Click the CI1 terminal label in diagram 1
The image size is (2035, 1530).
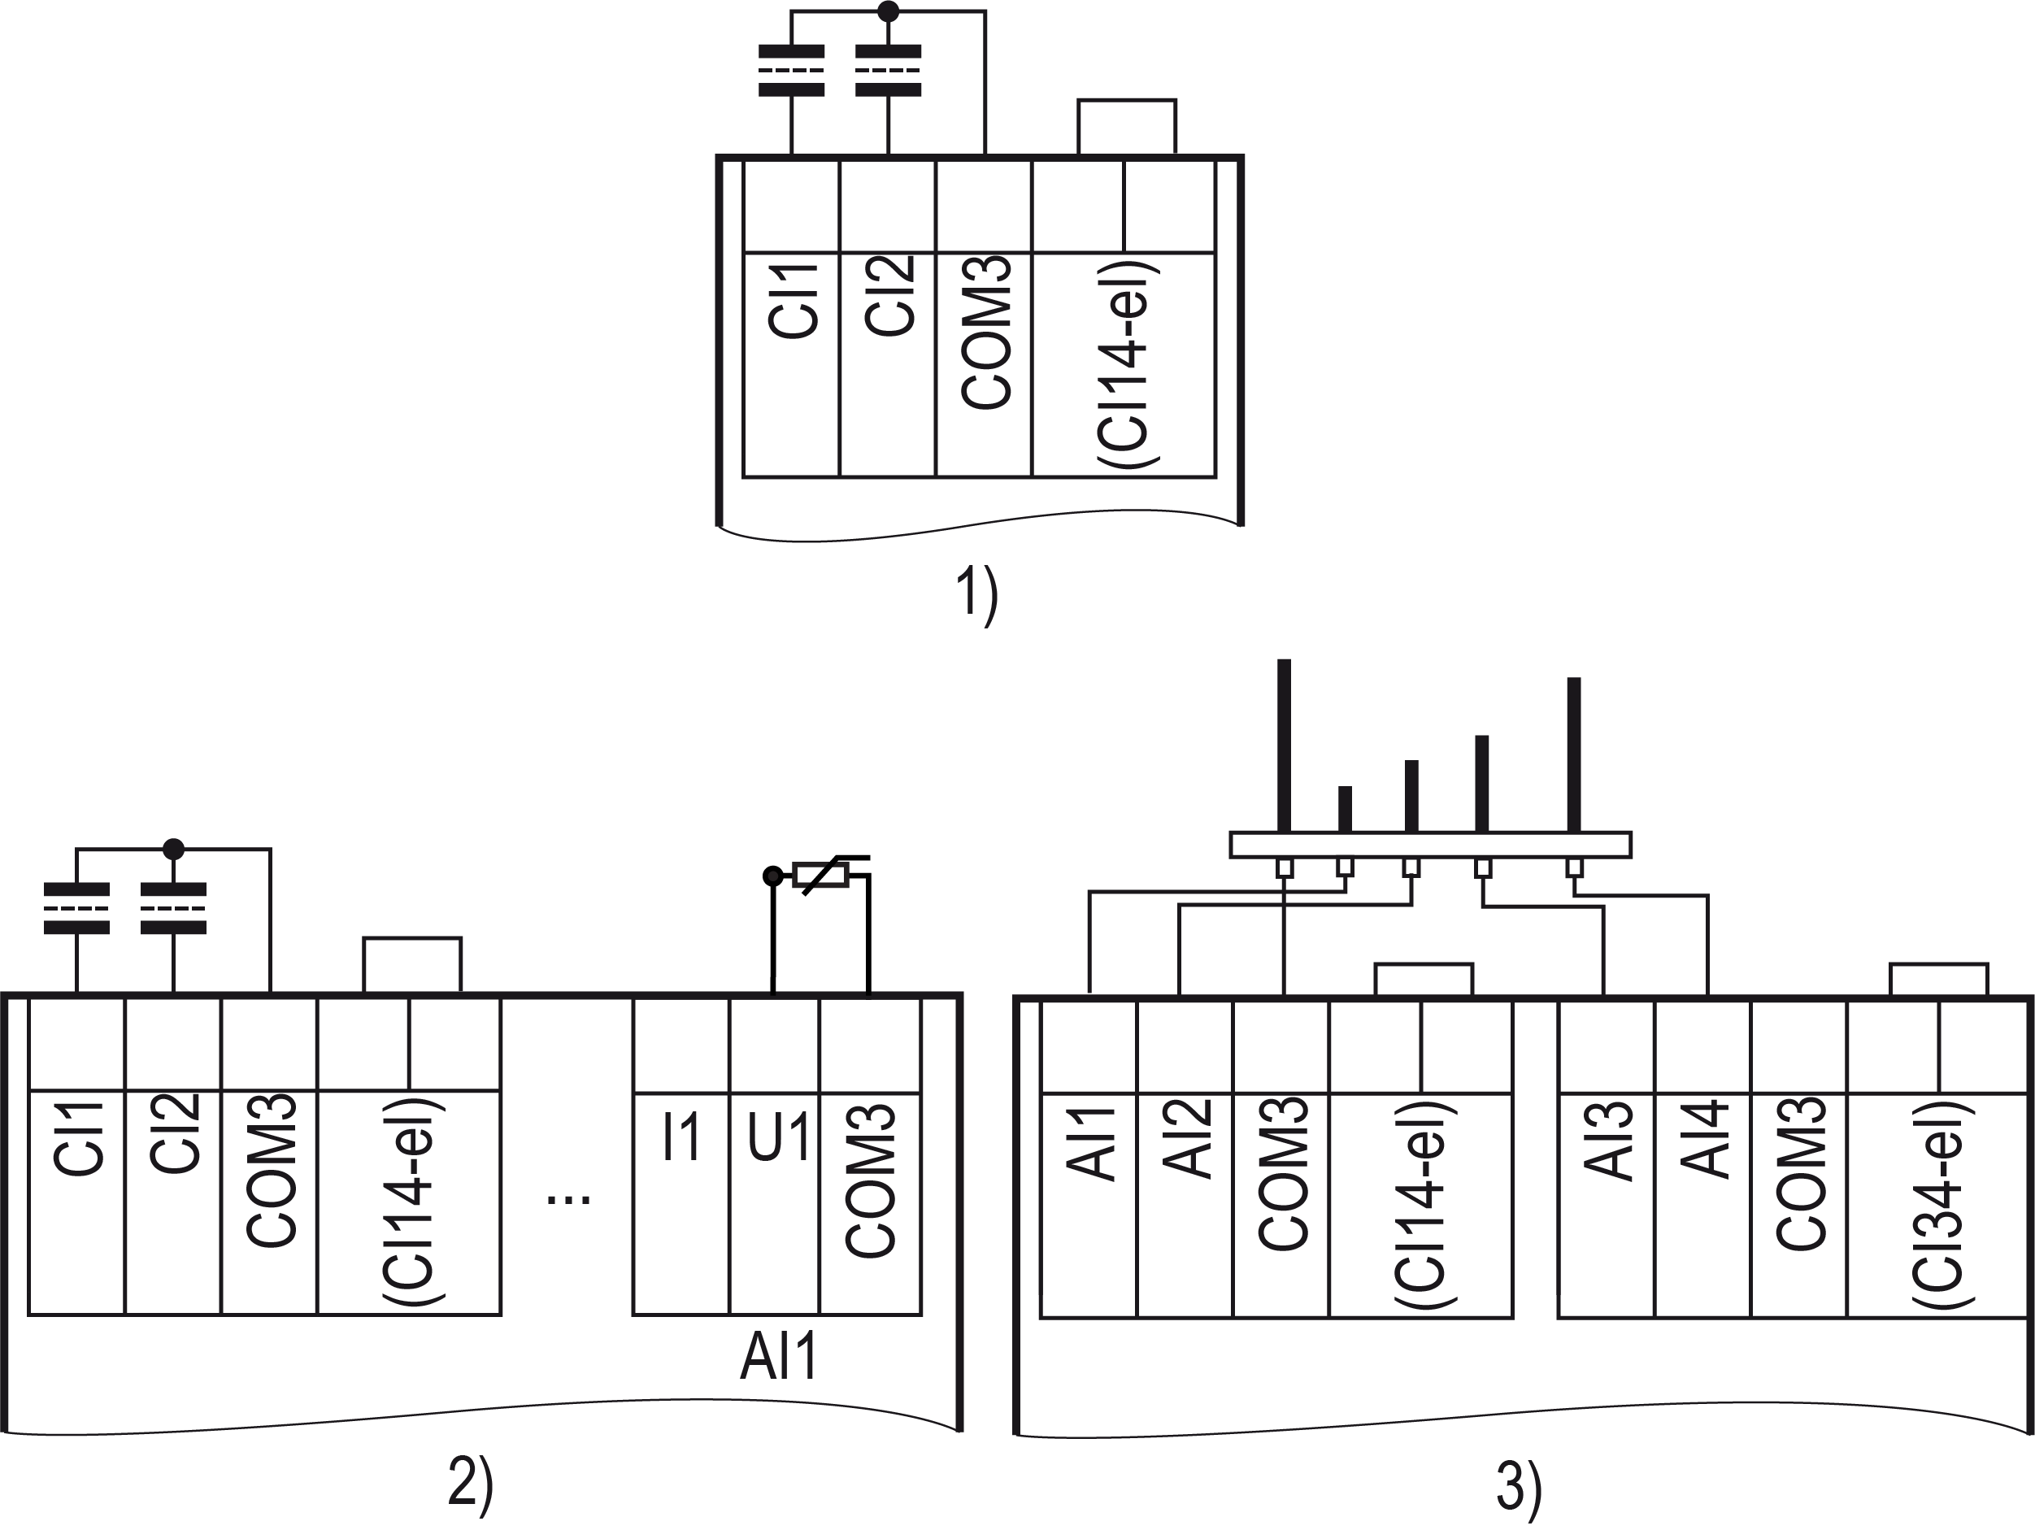792,301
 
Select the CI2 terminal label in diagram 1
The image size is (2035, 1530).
889,295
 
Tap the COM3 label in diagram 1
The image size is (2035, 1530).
985,333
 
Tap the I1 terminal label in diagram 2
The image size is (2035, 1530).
681,1137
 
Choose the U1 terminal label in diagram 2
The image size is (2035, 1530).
777,1137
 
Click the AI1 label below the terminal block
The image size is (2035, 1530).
778,1356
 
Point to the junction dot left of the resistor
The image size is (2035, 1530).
773,876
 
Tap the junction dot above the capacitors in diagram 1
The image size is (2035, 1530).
888,12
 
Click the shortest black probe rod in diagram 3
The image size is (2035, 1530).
1345,809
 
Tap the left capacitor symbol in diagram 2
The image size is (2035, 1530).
76,908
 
